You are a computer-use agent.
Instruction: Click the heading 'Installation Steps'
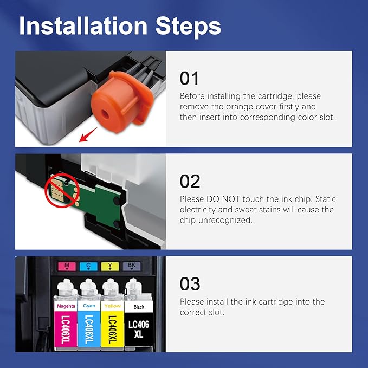click(120, 26)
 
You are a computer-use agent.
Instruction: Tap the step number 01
click(190, 79)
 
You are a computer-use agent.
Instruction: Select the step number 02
click(190, 181)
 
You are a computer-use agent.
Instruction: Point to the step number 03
click(190, 284)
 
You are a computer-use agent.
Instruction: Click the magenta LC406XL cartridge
click(66, 320)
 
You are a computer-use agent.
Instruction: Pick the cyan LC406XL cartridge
click(89, 320)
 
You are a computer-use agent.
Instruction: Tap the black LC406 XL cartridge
click(138, 320)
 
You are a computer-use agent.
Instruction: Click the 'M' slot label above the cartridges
click(66, 266)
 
